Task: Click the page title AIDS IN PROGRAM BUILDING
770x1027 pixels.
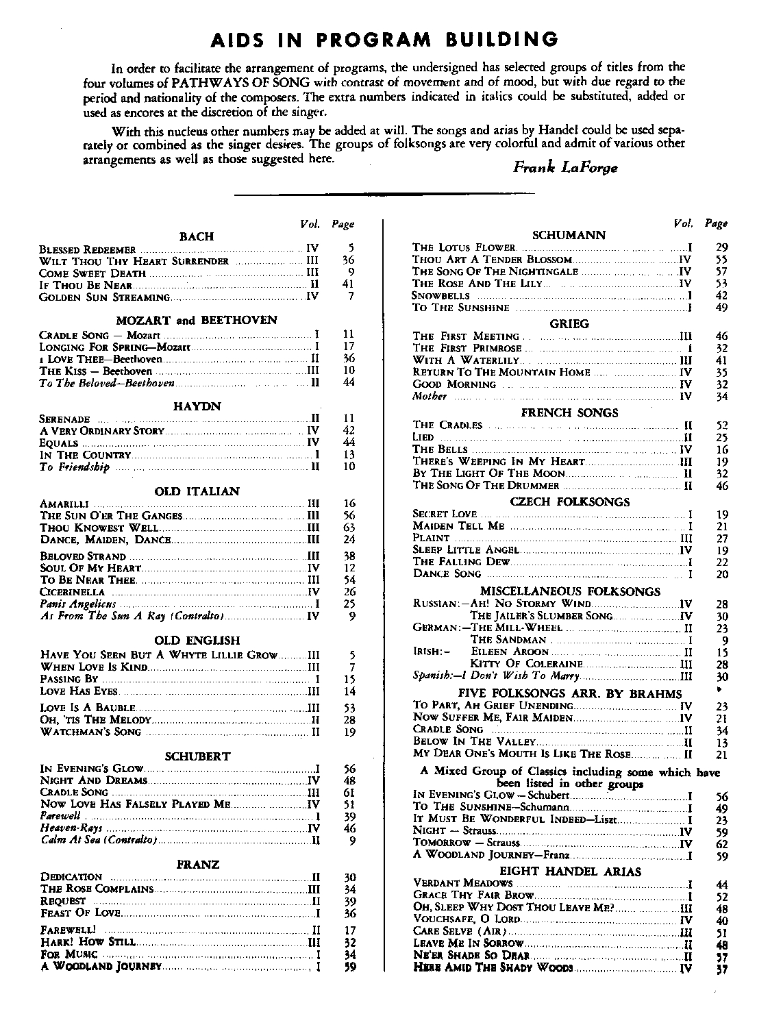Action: coord(383,39)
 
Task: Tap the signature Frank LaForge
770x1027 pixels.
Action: coord(564,167)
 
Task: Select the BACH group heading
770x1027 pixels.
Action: coord(196,236)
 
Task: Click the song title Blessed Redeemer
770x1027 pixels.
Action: coord(88,249)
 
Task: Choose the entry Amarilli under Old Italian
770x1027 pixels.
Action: coord(63,504)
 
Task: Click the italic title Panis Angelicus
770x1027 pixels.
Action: coord(78,604)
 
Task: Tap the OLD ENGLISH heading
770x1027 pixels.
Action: coord(197,641)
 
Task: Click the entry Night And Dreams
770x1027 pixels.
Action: coord(94,780)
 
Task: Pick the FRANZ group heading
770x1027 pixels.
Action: coord(197,865)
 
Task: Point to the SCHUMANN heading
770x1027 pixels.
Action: coord(569,235)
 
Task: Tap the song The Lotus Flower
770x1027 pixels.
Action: coord(463,247)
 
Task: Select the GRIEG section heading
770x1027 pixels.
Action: coord(569,324)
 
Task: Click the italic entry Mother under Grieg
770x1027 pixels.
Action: coord(430,396)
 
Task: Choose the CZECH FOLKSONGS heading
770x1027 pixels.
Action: coord(569,502)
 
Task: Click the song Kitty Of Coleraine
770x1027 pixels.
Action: coord(526,664)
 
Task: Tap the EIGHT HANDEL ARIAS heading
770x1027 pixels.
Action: coord(570,871)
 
